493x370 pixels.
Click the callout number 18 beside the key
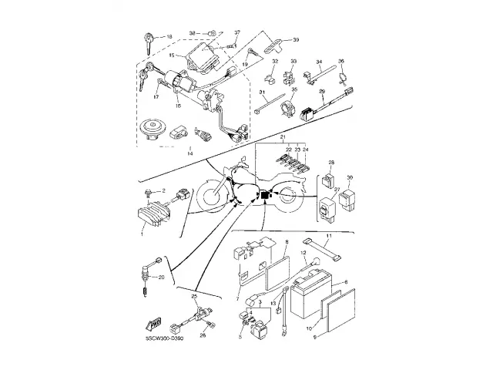(x=170, y=36)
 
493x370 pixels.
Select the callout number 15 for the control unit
(x=172, y=55)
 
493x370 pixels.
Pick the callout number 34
(x=318, y=62)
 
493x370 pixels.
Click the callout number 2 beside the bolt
(x=163, y=190)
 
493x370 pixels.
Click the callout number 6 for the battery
(x=344, y=283)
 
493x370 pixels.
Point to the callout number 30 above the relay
(x=349, y=177)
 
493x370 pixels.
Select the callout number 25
(x=195, y=296)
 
